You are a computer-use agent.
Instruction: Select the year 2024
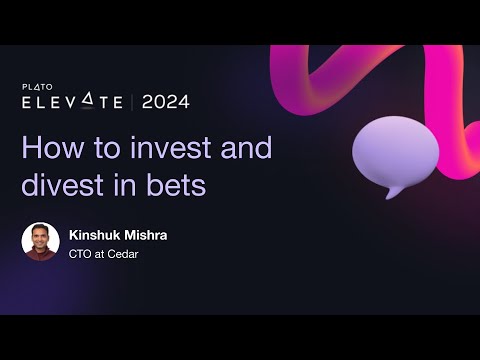[x=165, y=102]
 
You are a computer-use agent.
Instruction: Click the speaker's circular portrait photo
[x=41, y=241]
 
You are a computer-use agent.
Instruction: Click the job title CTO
[x=80, y=253]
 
